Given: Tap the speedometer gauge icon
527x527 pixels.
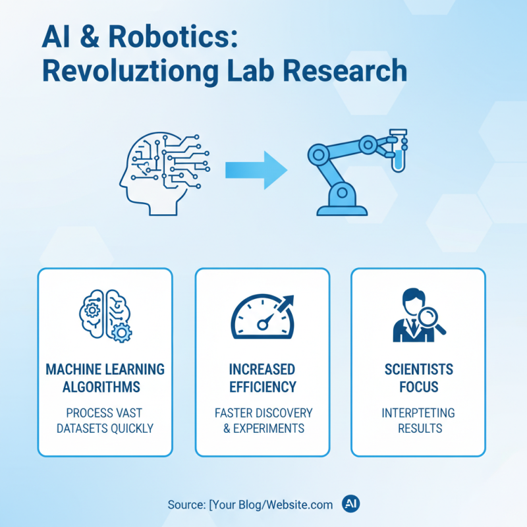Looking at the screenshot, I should [x=262, y=315].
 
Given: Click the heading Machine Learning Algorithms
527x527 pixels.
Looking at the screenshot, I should [x=105, y=377].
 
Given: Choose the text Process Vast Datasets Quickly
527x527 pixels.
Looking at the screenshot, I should [x=105, y=420].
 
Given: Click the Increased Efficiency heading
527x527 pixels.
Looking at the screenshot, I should [x=262, y=377].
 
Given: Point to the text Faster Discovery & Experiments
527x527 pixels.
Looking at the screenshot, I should [x=262, y=420].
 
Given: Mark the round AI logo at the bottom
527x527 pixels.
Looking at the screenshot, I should [x=350, y=504].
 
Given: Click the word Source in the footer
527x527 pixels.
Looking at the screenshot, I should [x=186, y=505].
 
